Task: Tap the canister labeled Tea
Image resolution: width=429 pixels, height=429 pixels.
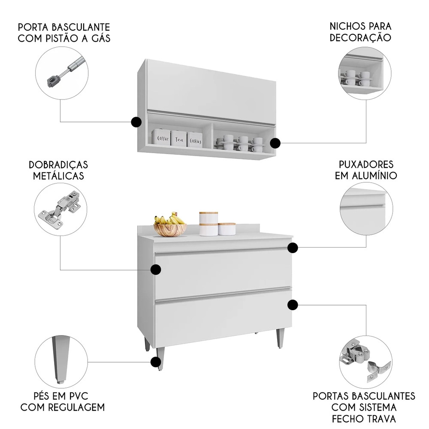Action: click(x=179, y=139)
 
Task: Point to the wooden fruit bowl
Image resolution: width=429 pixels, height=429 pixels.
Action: click(x=170, y=230)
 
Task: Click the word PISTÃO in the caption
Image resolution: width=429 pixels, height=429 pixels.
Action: click(x=73, y=38)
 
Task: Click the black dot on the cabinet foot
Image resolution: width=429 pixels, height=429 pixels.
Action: click(x=156, y=362)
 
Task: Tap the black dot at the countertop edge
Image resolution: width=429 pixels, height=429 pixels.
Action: click(x=293, y=248)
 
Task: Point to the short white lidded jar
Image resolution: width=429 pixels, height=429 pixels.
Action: click(x=227, y=229)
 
